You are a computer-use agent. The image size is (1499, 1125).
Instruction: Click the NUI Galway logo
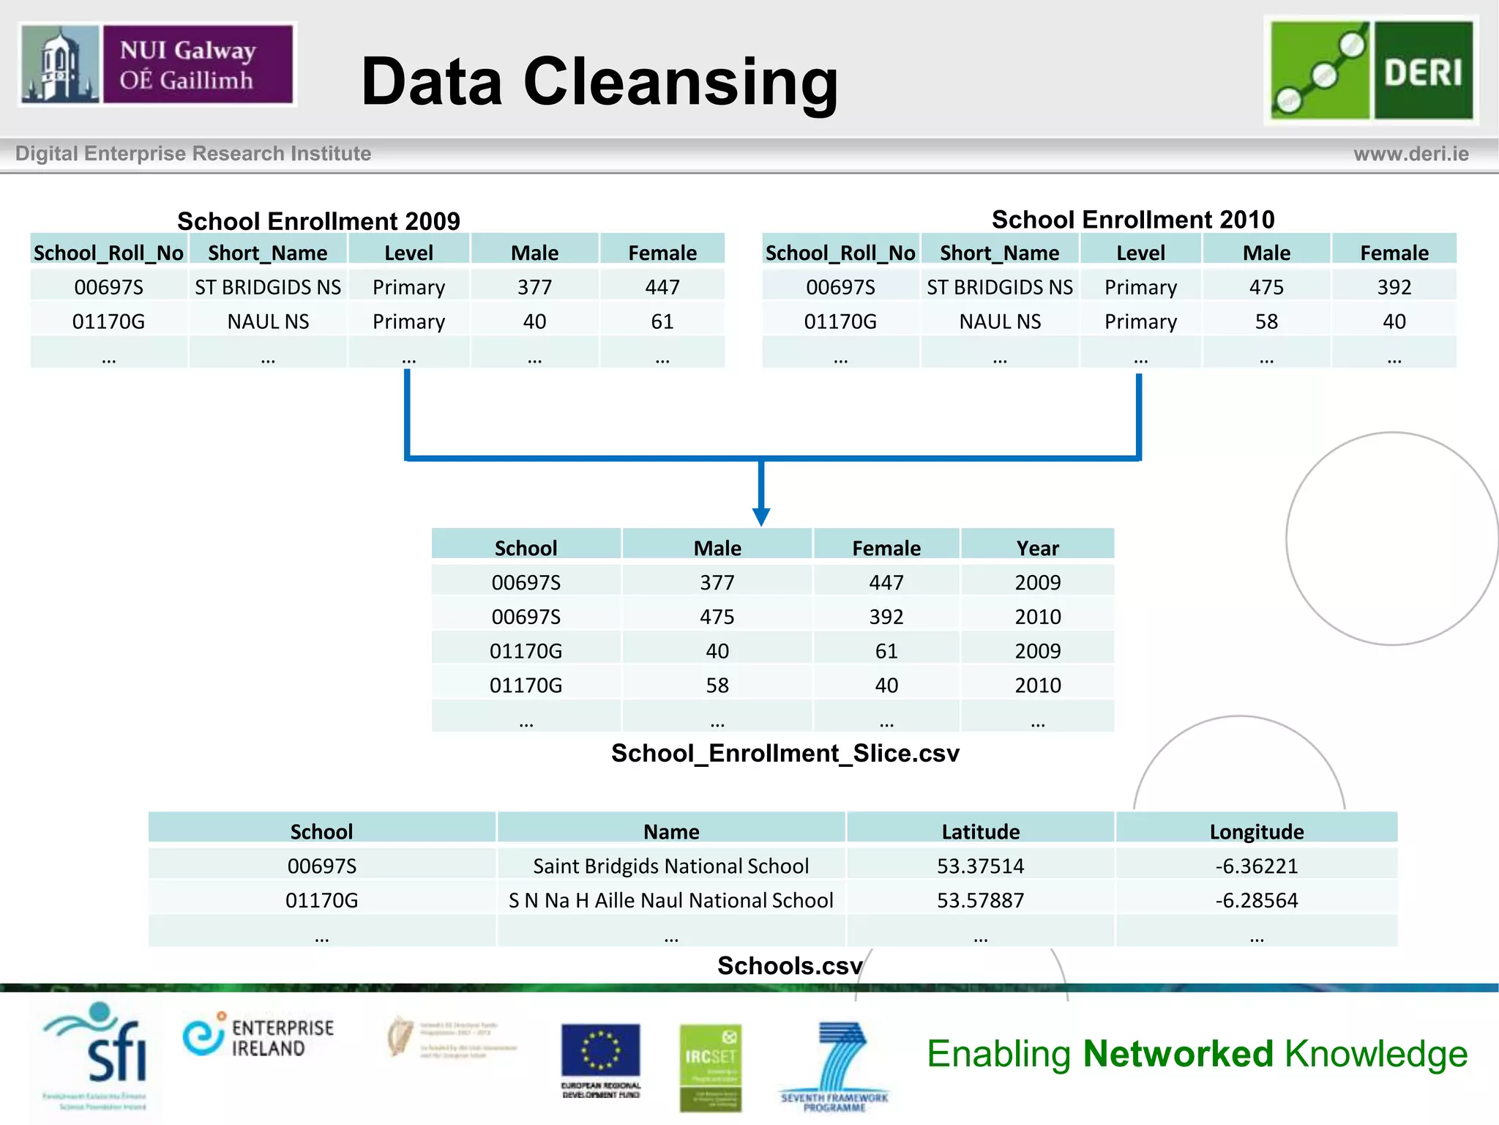(x=157, y=64)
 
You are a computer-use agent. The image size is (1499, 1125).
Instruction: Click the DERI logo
(x=1371, y=70)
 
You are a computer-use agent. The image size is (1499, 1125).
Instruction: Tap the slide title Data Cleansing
(x=599, y=82)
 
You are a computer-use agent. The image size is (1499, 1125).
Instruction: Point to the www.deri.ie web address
(x=1410, y=154)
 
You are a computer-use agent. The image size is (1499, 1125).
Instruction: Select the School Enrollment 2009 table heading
(x=318, y=220)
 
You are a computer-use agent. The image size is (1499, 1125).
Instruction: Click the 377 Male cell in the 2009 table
(x=534, y=287)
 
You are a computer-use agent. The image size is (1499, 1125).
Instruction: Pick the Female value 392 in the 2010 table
(x=1394, y=287)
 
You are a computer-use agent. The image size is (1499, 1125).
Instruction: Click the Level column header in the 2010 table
(x=1140, y=253)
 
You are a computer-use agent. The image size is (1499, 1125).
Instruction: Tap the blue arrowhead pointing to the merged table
(x=761, y=516)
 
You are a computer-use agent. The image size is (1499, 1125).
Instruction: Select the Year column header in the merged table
(x=1037, y=548)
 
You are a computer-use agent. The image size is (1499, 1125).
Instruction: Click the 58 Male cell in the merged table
(x=717, y=686)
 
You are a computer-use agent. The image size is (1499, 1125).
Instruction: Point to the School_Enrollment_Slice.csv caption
(x=785, y=753)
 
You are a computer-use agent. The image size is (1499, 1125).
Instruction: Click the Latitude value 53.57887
(x=980, y=900)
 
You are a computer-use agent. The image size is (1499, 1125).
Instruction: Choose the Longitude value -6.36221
(x=1256, y=866)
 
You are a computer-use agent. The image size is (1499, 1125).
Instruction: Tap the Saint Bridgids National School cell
(x=670, y=866)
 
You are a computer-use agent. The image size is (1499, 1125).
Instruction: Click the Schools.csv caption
(x=789, y=965)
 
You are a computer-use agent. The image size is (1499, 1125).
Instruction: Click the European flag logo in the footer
(x=600, y=1052)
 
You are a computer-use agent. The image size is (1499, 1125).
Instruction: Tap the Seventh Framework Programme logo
(x=834, y=1066)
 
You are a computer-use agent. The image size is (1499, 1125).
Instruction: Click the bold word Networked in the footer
(x=1178, y=1054)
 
